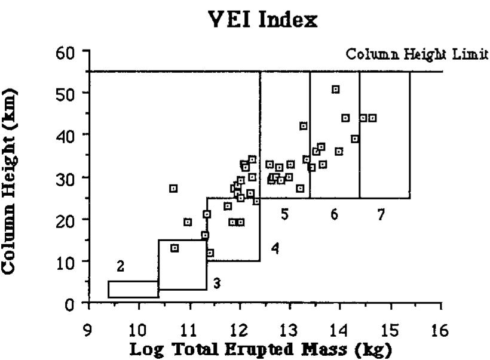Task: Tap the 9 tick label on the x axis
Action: coord(88,330)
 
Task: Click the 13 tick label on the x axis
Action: coord(290,330)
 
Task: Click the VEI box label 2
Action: coord(120,267)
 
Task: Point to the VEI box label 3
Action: coord(217,284)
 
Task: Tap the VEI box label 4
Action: coord(275,248)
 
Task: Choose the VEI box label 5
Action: coord(285,214)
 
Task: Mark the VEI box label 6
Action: coord(335,214)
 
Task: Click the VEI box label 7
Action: coord(381,214)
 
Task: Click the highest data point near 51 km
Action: coord(336,90)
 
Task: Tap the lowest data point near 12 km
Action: coord(210,253)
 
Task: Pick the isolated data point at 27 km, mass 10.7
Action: coord(173,189)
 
